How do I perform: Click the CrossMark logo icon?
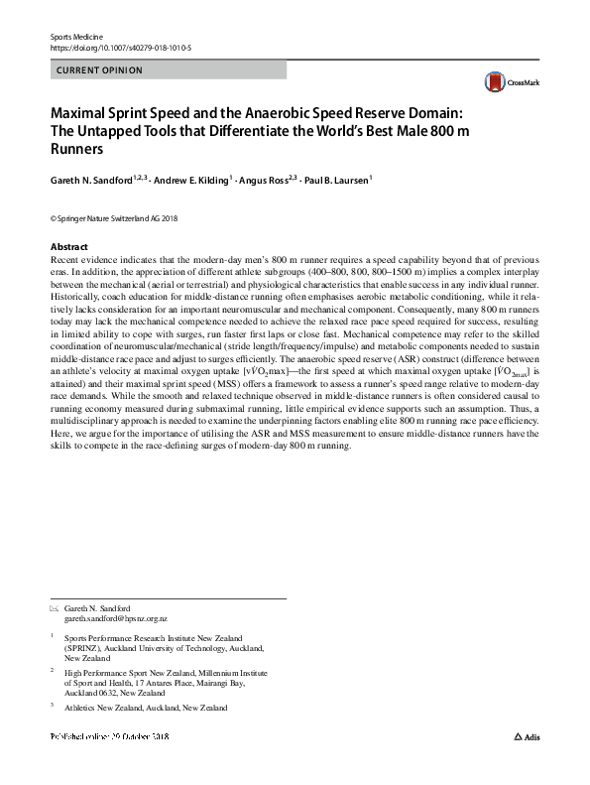(493, 81)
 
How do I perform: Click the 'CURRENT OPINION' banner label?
(100, 70)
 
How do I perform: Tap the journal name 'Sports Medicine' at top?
(76, 36)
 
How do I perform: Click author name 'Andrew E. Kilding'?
(192, 182)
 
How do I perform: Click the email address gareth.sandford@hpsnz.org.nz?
(116, 618)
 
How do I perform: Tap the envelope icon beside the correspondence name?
(54, 607)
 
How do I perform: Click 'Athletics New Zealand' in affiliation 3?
(111, 708)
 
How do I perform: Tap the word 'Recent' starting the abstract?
(65, 257)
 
